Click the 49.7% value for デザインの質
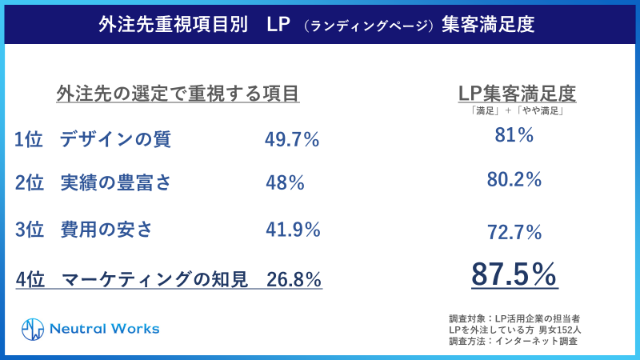click(x=292, y=140)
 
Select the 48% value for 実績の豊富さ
click(x=285, y=183)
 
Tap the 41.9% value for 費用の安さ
click(x=292, y=230)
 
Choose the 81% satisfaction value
click(x=514, y=136)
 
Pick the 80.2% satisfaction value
click(x=514, y=180)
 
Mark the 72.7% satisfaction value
click(x=514, y=233)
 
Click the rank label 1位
click(x=29, y=140)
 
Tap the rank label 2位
click(x=29, y=183)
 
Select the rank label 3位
click(x=29, y=230)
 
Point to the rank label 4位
click(x=30, y=279)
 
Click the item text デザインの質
click(x=115, y=140)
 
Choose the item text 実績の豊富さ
click(x=115, y=183)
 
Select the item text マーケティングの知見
click(x=154, y=279)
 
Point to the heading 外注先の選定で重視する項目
click(x=178, y=94)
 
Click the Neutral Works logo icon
click(x=32, y=329)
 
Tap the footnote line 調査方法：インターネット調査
click(x=514, y=341)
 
